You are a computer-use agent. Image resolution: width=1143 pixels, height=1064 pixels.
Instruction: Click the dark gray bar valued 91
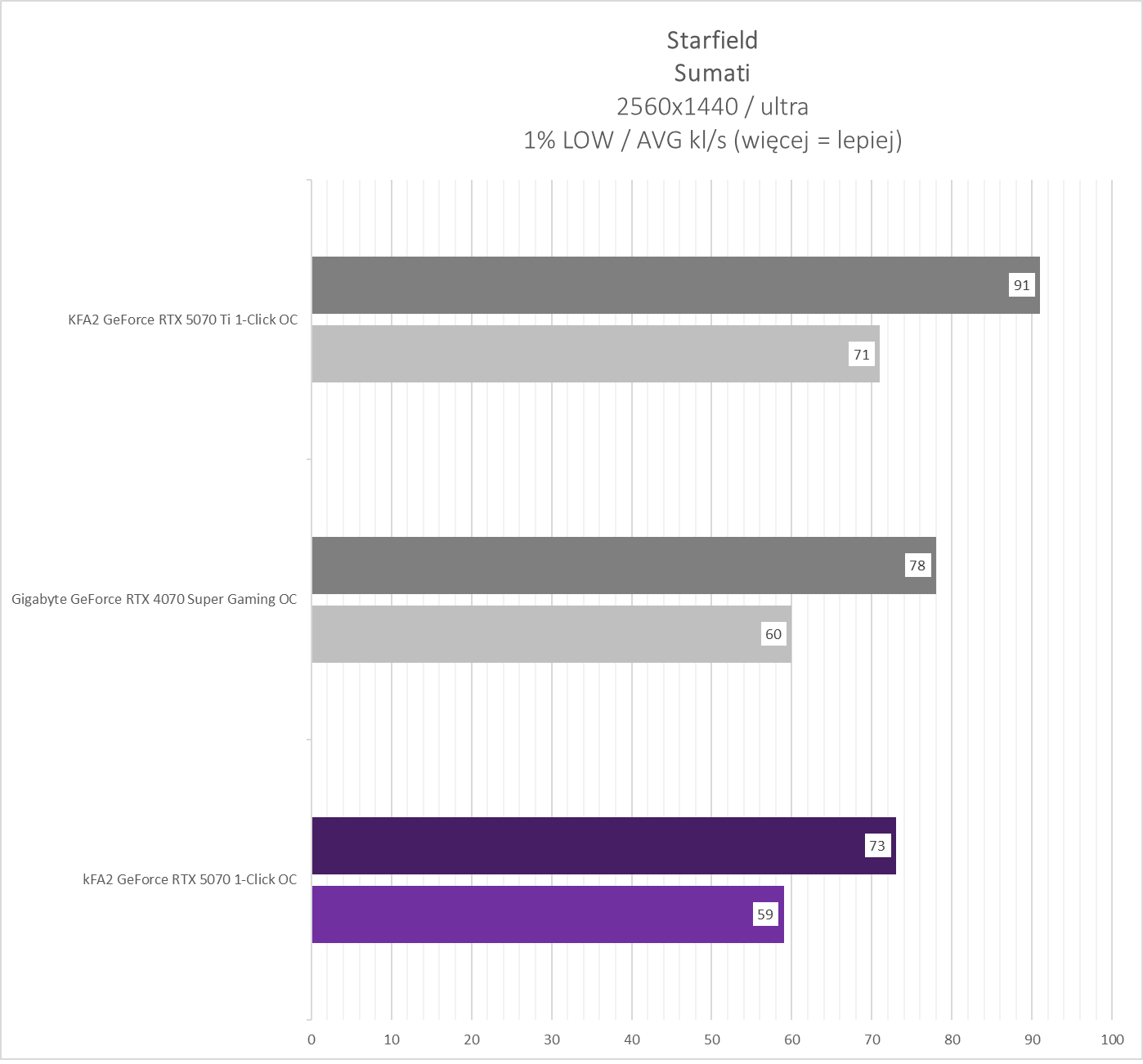[654, 285]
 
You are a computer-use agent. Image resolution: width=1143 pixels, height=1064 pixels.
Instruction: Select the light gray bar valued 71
[572, 354]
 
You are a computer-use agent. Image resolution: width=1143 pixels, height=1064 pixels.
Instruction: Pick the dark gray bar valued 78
[605, 566]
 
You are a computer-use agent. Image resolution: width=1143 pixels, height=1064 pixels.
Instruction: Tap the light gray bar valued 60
[531, 634]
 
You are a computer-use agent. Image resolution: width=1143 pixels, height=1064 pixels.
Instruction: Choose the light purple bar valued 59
[531, 914]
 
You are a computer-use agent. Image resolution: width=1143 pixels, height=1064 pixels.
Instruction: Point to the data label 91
[1021, 285]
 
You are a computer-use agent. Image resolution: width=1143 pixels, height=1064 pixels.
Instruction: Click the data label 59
[765, 914]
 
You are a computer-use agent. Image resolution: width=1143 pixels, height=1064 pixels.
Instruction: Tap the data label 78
[917, 566]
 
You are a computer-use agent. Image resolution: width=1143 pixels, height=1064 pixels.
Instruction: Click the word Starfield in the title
[712, 40]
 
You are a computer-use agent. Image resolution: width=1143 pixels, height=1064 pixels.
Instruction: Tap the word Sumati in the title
[712, 73]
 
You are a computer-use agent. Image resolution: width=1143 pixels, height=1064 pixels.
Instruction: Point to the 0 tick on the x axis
[312, 1039]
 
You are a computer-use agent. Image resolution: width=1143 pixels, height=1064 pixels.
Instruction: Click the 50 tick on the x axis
[712, 1039]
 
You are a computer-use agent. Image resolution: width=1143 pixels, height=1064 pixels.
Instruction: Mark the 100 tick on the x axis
[1112, 1039]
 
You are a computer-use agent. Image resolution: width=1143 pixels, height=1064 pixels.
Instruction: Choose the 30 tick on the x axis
[552, 1039]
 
